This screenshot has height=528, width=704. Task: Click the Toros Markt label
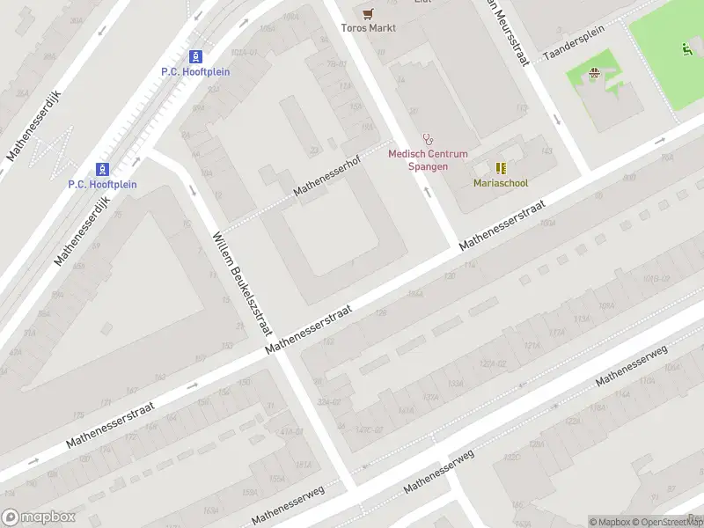[x=369, y=28]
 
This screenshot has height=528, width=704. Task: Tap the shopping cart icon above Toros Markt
[x=369, y=12]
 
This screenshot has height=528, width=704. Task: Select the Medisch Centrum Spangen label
[x=428, y=160]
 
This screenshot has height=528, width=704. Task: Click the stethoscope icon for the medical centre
[x=428, y=139]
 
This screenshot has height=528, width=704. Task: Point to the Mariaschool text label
[x=500, y=183]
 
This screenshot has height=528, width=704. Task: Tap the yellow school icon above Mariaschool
[x=500, y=167]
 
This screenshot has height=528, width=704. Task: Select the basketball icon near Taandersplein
[x=594, y=75]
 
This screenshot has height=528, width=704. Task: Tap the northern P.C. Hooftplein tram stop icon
[x=195, y=55]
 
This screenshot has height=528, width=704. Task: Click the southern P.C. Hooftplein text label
[x=102, y=184]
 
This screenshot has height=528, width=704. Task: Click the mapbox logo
[x=39, y=517]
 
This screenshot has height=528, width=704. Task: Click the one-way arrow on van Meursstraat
[x=556, y=120]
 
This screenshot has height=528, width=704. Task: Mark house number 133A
[x=455, y=384]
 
